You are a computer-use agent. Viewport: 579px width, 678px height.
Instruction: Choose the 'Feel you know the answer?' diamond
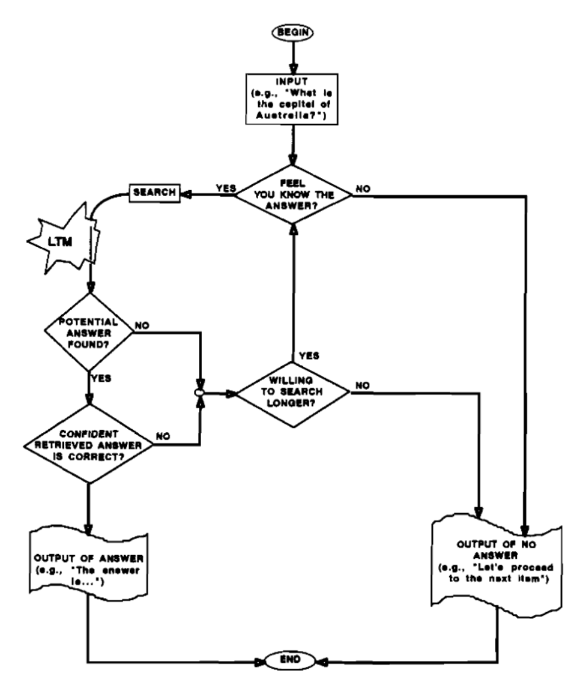[x=292, y=193]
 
